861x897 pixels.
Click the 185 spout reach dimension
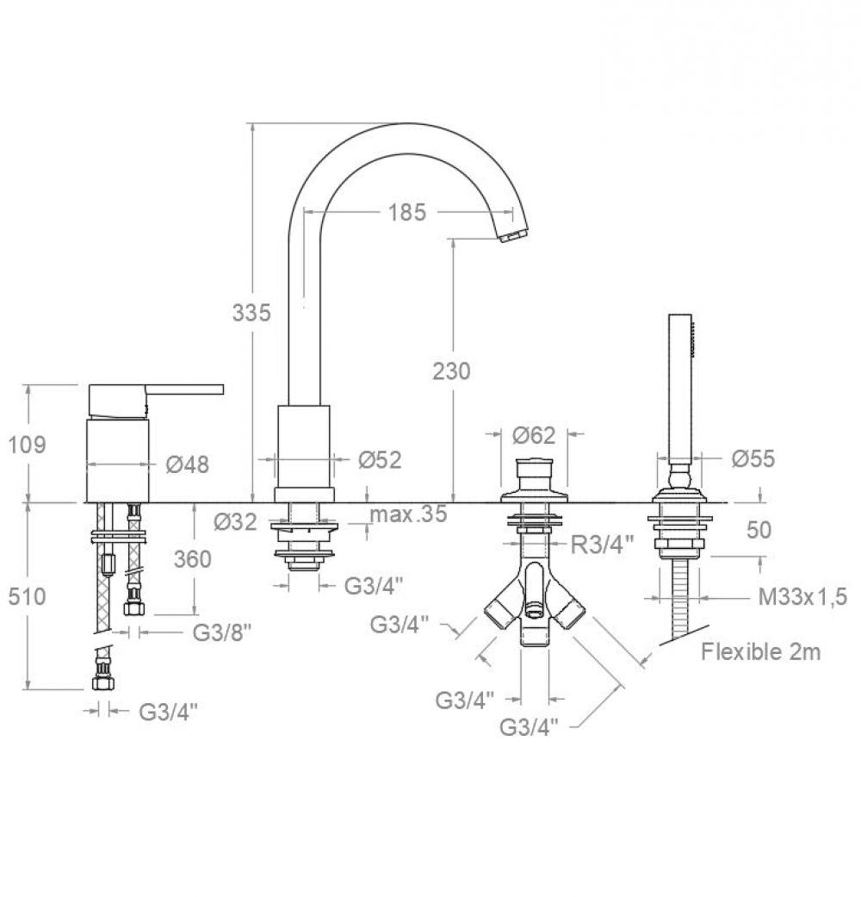[x=407, y=211]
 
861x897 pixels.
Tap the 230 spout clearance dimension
[x=452, y=371]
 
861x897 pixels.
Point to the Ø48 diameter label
[x=187, y=464]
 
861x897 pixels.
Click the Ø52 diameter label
[x=380, y=460]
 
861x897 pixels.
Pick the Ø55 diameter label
[x=753, y=458]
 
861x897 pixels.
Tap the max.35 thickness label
[x=409, y=515]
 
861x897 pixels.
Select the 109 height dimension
[x=27, y=445]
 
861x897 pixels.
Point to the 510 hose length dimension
[x=27, y=595]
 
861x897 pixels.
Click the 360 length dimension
[x=192, y=559]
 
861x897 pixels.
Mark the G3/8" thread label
[x=221, y=632]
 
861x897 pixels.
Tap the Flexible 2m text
[x=760, y=651]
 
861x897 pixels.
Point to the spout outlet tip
[x=513, y=235]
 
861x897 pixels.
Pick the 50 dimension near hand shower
[x=759, y=529]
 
